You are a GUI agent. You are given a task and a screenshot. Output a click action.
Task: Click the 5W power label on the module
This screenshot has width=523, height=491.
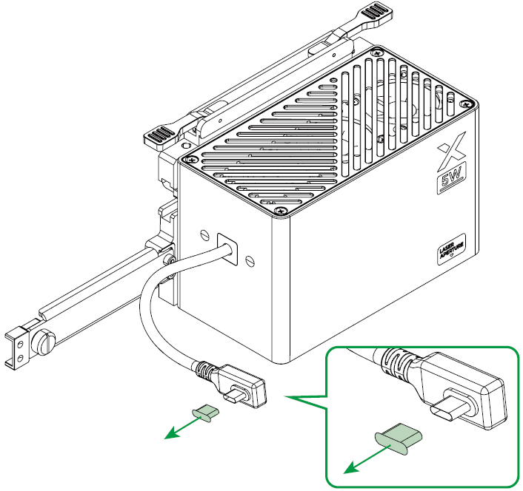coord(452,179)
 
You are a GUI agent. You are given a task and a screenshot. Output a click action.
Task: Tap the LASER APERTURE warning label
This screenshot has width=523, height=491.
coord(451,249)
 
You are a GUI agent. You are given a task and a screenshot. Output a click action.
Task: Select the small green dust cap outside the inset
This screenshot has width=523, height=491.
coord(206,413)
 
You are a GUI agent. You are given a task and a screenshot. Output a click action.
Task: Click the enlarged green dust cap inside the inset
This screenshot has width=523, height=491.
coord(399,438)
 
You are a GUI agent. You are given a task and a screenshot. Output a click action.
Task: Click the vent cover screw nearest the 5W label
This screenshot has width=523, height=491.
coord(466,104)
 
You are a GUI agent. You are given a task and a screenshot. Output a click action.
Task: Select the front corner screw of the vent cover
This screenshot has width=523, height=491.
coord(282,211)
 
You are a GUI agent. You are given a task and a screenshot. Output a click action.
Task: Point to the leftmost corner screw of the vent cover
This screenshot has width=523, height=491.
coord(191,160)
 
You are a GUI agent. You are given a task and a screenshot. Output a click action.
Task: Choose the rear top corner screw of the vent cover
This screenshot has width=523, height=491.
coord(377,53)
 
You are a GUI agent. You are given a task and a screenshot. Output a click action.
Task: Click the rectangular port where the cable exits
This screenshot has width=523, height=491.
coord(227,249)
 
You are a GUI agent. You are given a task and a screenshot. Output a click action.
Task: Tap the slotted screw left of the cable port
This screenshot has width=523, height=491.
coord(204,234)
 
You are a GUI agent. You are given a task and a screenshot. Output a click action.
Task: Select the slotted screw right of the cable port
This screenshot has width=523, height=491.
coord(250,260)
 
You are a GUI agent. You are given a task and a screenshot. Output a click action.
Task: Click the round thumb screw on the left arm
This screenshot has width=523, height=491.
coord(44,342)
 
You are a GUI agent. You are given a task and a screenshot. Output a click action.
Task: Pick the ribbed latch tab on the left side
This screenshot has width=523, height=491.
coord(161,137)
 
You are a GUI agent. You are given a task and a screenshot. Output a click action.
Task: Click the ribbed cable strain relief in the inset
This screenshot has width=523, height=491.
coord(396,362)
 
